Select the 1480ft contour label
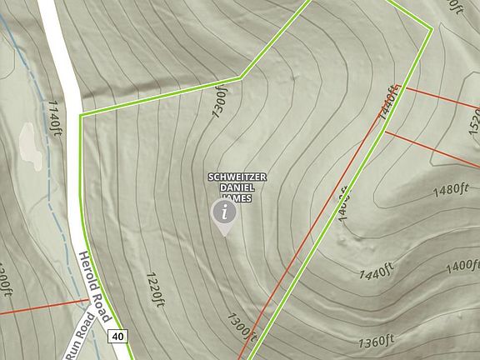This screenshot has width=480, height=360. click(x=452, y=190)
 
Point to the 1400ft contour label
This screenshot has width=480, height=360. click(x=462, y=267)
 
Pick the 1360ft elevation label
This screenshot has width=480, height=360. click(x=376, y=342)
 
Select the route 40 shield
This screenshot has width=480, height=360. click(x=117, y=336)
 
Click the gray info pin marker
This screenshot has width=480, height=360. click(x=223, y=214)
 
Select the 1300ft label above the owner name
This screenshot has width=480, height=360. click(x=220, y=106)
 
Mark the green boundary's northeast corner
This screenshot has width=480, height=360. click(x=432, y=29)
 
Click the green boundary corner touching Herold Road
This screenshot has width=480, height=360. click(x=81, y=115)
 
